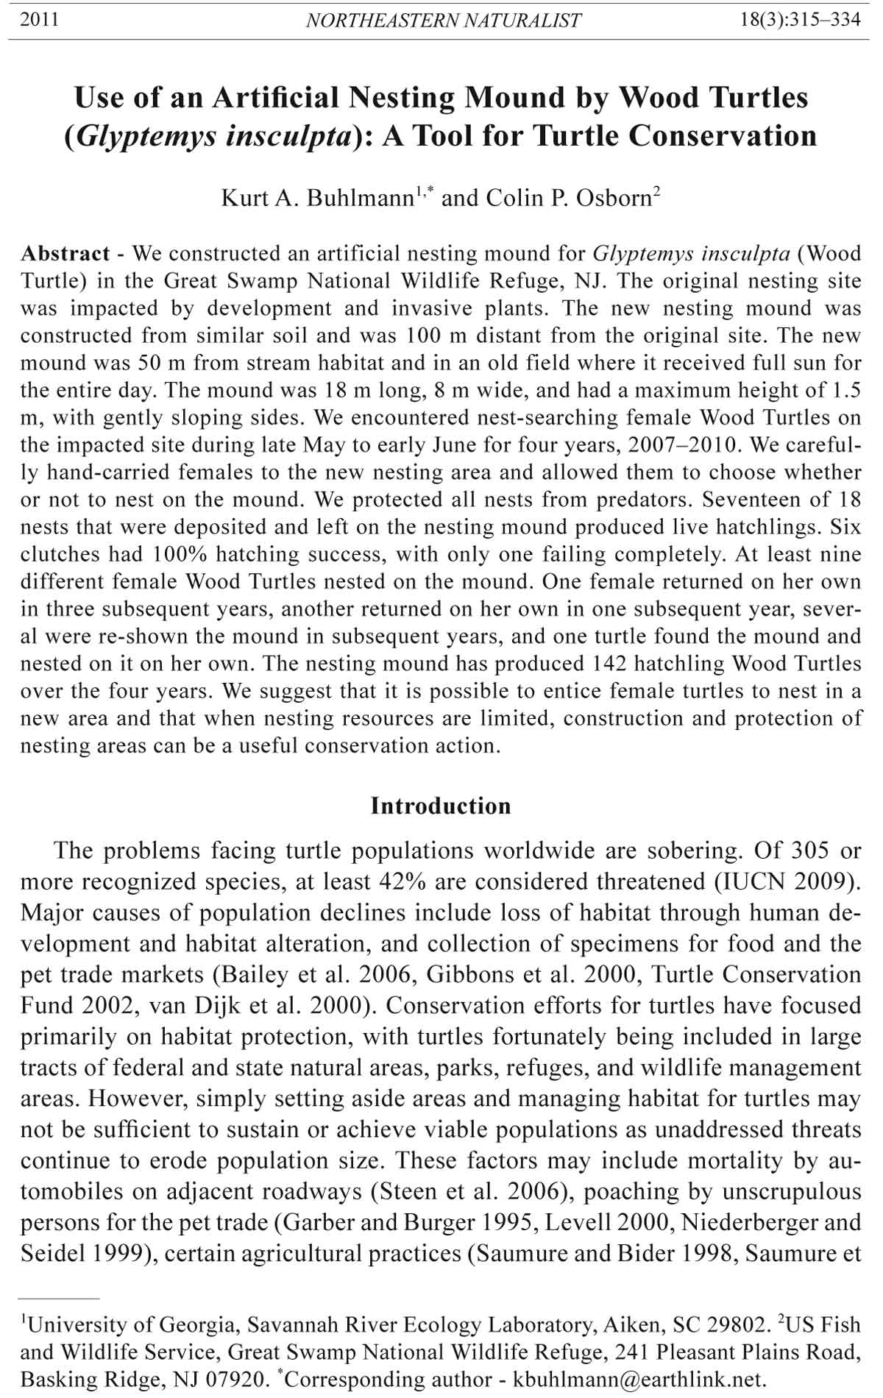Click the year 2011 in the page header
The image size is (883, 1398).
[39, 20]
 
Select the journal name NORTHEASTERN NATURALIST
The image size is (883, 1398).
[443, 21]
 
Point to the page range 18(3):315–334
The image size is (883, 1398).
[801, 20]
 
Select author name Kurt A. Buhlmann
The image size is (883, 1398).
[317, 198]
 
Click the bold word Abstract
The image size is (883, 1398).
[65, 254]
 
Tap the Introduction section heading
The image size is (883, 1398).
[440, 806]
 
